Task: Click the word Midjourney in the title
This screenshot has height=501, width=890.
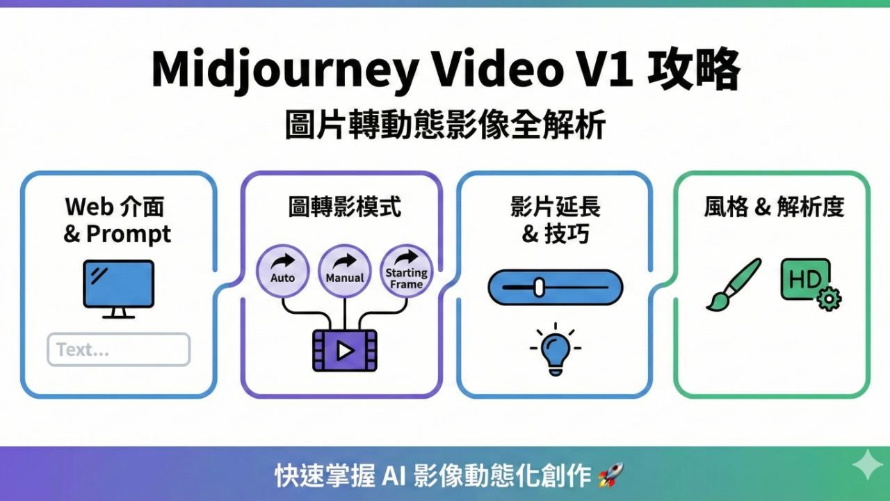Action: [284, 70]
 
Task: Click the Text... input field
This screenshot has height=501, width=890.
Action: [118, 349]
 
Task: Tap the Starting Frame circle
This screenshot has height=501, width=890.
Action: [407, 271]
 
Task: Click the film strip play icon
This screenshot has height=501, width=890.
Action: [344, 350]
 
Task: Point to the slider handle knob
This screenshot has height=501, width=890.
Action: [539, 287]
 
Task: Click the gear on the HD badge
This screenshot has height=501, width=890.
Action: [828, 299]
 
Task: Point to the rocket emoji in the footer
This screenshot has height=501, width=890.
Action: [610, 476]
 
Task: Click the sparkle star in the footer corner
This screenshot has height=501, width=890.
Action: [867, 464]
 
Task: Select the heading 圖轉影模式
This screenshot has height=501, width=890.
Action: [344, 207]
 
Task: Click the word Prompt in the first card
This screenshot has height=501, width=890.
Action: [128, 234]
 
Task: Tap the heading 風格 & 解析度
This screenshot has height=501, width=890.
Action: [774, 207]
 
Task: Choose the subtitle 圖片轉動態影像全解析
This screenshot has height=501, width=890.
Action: [445, 125]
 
